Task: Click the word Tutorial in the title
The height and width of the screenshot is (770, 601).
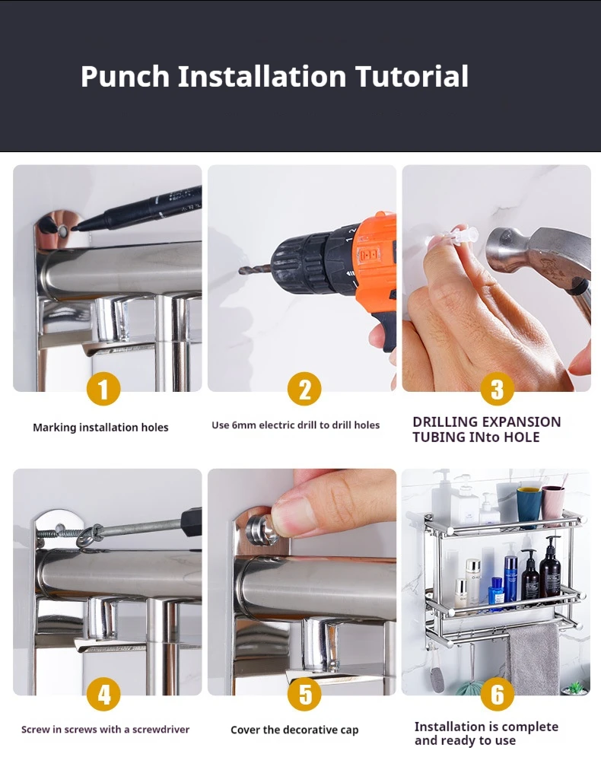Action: tap(412, 76)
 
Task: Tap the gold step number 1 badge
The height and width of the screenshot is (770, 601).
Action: tap(103, 389)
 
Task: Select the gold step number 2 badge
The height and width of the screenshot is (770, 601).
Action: tap(304, 389)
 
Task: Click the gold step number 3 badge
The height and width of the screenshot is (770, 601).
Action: tap(498, 389)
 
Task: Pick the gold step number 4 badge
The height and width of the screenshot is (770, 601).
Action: tap(103, 694)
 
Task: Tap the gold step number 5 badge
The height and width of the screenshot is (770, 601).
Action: tap(304, 694)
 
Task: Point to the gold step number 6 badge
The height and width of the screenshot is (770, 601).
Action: tap(498, 694)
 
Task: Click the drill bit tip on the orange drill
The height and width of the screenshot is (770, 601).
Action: tap(240, 271)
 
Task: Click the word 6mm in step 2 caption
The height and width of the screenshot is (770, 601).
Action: tap(243, 425)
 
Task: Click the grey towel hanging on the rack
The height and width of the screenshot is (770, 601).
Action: tap(533, 658)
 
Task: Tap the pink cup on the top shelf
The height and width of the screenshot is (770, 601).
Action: tap(553, 502)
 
